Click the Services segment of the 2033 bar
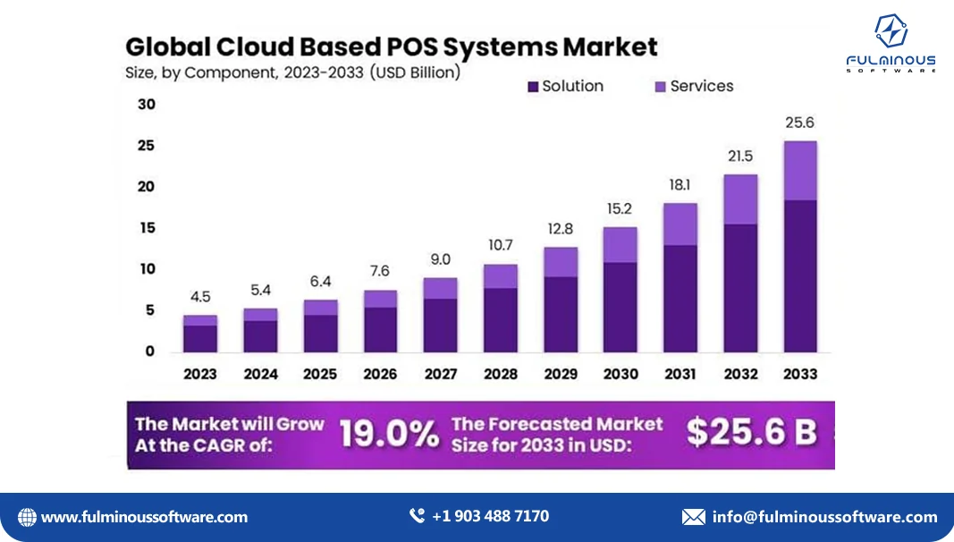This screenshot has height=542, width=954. pos(800,170)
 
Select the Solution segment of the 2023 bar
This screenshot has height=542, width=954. pos(200,338)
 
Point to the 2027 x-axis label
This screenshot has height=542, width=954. pos(440,374)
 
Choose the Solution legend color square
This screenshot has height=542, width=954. pos(533,87)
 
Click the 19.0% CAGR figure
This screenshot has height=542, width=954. pos(389,434)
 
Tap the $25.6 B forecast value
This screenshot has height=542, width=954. pos(751,433)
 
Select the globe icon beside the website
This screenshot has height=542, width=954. pos(28,517)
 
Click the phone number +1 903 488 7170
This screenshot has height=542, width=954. pos(490,516)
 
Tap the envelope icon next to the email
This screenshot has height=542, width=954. pos(693,517)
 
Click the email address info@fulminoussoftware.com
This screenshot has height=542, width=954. pos(824,517)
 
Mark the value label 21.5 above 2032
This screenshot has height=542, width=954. pos(740,157)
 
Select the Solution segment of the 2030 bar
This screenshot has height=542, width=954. pos(621,307)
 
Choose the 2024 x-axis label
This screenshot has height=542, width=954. pos(260,374)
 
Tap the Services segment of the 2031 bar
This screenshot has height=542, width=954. pos(680,224)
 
